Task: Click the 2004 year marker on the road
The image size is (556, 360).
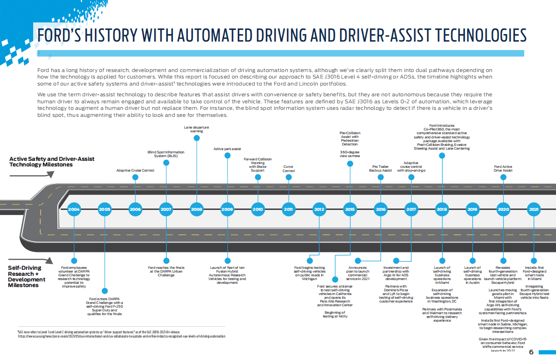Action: [74, 209]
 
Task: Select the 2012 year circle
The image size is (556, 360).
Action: [320, 209]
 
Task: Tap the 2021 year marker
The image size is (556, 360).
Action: [534, 209]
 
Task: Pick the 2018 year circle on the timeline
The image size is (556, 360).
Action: [442, 209]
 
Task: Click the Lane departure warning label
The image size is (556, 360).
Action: [196, 129]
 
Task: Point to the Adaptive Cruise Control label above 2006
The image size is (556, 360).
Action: [135, 171]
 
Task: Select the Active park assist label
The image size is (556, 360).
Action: [227, 149]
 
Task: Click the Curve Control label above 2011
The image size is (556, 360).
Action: [289, 169]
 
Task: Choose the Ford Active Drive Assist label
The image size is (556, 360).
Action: [503, 169]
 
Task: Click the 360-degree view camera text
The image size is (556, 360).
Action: [349, 154]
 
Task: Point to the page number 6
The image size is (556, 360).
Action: [531, 352]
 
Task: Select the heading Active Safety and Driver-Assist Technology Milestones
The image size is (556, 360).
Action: [51, 162]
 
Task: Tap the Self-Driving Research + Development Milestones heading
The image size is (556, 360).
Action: [27, 276]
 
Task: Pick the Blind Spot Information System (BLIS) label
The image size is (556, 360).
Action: [166, 154]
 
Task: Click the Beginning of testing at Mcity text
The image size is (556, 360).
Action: [335, 314]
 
